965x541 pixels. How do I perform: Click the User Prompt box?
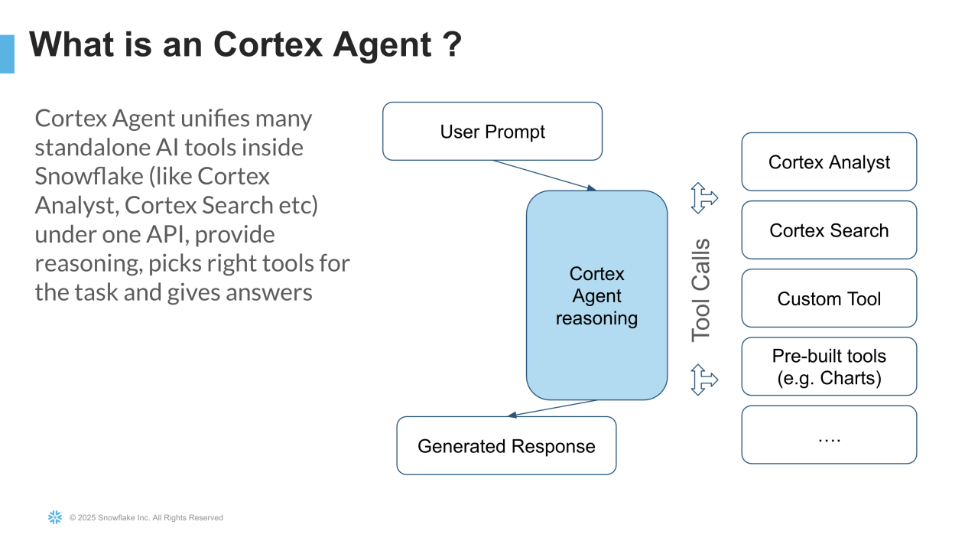[x=492, y=132]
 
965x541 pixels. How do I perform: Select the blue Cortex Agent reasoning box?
[x=596, y=295]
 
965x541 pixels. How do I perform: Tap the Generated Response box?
[x=506, y=446]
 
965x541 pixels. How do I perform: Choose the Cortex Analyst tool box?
[x=829, y=162]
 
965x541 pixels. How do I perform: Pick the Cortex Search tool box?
[x=829, y=230]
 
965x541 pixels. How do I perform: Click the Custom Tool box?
[x=829, y=298]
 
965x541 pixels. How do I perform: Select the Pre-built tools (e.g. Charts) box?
[x=829, y=367]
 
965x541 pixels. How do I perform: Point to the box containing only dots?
[x=829, y=435]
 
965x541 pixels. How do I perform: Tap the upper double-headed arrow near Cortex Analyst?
[x=703, y=197]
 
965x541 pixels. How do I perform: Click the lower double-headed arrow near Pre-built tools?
[x=703, y=379]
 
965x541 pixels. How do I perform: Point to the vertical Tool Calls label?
[x=700, y=290]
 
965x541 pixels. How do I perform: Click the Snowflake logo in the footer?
[x=55, y=517]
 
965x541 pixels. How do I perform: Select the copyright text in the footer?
[x=146, y=518]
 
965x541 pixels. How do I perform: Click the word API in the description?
[x=165, y=234]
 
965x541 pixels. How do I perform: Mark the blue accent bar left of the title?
[x=7, y=54]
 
